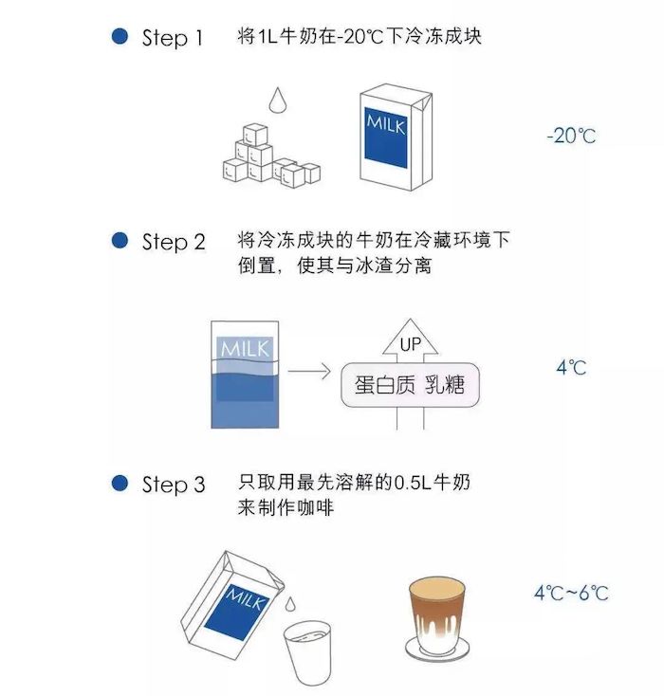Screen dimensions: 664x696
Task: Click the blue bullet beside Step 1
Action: [120, 36]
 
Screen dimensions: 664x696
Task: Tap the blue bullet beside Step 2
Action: [120, 240]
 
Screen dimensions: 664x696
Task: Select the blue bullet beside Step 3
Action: [120, 483]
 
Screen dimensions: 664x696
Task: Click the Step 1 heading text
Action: [173, 38]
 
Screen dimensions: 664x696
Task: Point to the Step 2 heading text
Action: [174, 242]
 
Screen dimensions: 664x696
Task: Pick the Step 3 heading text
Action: [174, 485]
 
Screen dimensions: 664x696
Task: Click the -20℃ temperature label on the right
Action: [571, 136]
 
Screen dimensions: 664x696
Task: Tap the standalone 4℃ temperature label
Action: [571, 368]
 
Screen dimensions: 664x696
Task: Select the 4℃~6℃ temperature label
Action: [571, 593]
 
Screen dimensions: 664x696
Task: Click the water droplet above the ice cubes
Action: [278, 101]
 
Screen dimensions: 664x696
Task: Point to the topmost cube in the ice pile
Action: [255, 135]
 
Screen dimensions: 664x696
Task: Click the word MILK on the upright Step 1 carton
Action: [386, 124]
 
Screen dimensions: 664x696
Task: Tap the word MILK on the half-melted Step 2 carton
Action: [245, 348]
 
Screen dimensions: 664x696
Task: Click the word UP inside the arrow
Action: [410, 344]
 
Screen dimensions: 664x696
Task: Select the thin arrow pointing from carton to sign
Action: [309, 371]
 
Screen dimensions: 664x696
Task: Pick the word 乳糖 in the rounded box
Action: [445, 384]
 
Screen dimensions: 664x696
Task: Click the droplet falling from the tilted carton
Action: [290, 604]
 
